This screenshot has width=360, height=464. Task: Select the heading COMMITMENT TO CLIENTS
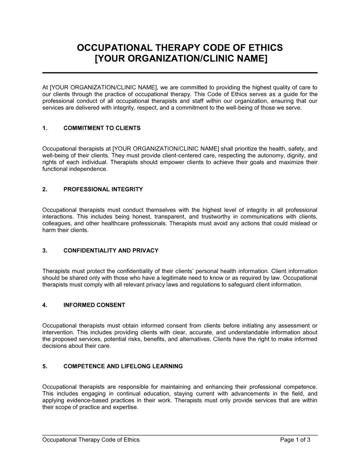coord(102,128)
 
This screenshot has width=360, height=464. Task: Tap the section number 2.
coord(45,189)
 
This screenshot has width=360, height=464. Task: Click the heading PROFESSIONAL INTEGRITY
coord(103,189)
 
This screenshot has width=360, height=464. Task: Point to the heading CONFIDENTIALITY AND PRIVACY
coord(111,251)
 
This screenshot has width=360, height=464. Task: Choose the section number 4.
coord(45,305)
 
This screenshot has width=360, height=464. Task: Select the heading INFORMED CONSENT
coord(94,305)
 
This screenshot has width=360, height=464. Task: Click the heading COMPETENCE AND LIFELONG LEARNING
coord(123,367)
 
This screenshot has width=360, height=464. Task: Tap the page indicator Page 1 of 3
coord(295,440)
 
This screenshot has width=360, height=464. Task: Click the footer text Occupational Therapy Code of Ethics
coord(91,440)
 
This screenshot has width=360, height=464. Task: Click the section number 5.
coord(45,367)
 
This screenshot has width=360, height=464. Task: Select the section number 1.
coord(45,128)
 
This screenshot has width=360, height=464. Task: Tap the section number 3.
coord(45,251)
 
